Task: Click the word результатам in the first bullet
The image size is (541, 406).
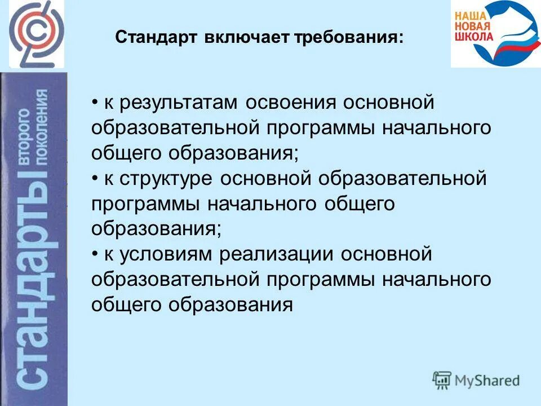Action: pyautogui.click(x=172, y=104)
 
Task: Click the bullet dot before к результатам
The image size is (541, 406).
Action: pyautogui.click(x=95, y=104)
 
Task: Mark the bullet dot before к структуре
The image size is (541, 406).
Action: pyautogui.click(x=95, y=179)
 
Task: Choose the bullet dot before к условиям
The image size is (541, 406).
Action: pyautogui.click(x=95, y=254)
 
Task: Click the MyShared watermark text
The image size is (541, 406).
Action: pyautogui.click(x=488, y=381)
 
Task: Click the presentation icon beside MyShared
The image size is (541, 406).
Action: pyautogui.click(x=442, y=380)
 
